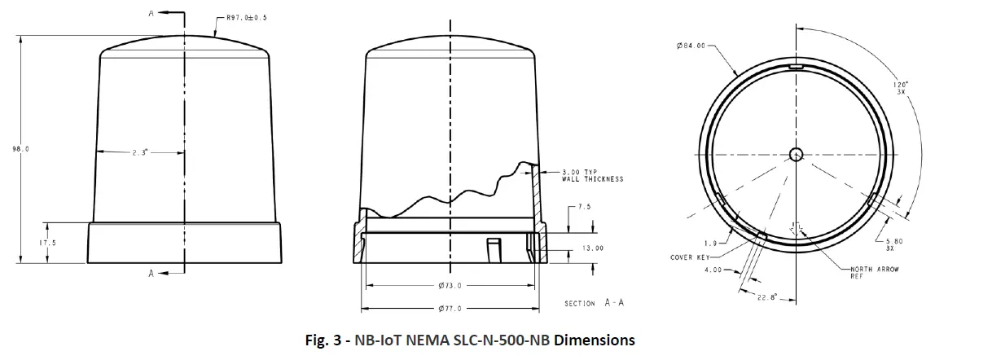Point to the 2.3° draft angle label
139,152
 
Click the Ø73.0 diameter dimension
450,286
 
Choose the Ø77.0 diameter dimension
450,310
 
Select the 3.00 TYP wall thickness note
592,175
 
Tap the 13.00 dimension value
593,248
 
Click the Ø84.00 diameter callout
691,46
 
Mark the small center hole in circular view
797,154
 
